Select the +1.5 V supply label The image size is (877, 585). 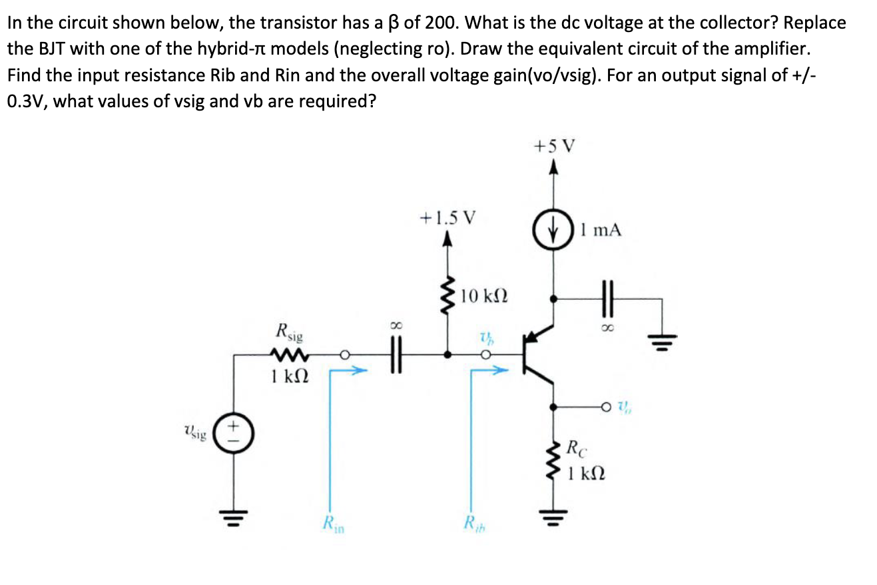pos(448,217)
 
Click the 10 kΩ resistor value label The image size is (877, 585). pos(484,294)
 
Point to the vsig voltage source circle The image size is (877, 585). pos(234,435)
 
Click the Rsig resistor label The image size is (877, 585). pos(288,331)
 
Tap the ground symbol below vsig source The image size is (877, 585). pos(234,516)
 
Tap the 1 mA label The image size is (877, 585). pos(601,231)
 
